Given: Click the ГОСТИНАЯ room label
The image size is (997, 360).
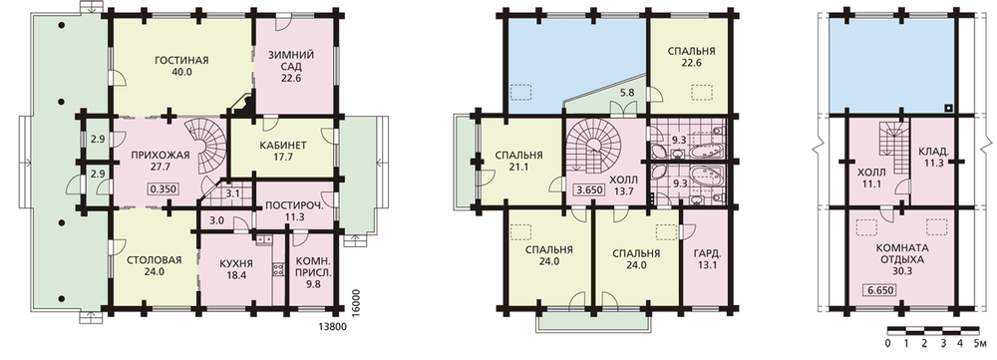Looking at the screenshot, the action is (x=181, y=61).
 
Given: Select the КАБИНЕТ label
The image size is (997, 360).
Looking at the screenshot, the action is (x=283, y=146).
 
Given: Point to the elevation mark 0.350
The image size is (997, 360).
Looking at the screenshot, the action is (x=163, y=188).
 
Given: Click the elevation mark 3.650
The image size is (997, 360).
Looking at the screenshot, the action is (x=587, y=188).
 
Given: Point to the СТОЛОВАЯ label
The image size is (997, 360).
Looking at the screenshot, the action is (x=155, y=259).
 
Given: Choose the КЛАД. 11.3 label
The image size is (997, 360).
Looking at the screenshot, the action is (x=934, y=158).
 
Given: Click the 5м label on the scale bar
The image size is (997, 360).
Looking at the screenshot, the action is (x=979, y=344).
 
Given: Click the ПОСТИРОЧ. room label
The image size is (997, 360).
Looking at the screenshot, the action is (x=292, y=205).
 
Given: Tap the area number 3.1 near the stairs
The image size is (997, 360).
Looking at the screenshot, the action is (x=231, y=194).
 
